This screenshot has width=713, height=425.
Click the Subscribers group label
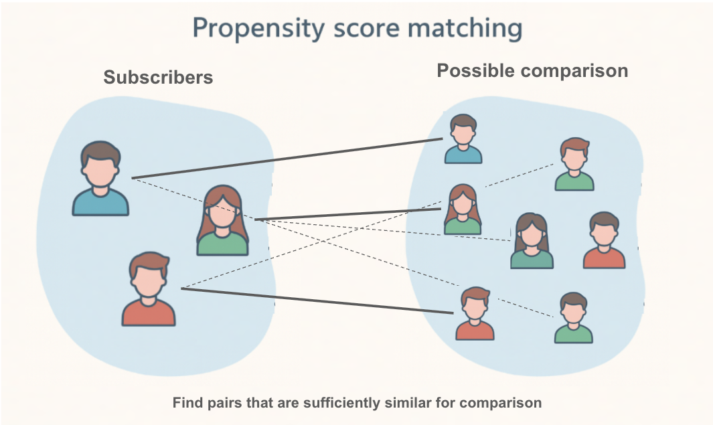(158, 78)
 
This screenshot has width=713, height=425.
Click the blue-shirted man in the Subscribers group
(100, 179)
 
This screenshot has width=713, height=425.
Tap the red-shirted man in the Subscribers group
(149, 289)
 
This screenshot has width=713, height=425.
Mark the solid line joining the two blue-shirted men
(288, 158)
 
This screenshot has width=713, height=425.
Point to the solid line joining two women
(348, 214)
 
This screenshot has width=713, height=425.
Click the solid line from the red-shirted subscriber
(315, 301)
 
